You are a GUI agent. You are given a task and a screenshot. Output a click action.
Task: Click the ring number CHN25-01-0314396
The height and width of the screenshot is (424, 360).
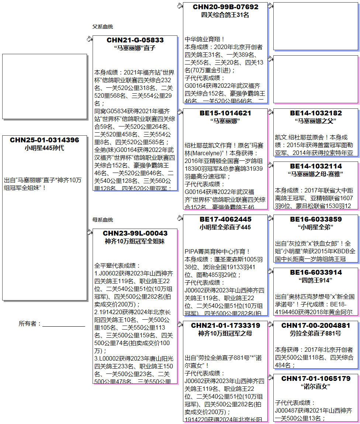point(44,140)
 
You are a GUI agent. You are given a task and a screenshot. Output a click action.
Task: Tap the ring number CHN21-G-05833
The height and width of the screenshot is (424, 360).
point(135,40)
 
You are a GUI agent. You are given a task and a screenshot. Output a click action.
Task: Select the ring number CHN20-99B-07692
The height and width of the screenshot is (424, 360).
point(225,7)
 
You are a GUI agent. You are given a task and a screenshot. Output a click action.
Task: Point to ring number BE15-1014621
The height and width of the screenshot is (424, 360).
point(225,113)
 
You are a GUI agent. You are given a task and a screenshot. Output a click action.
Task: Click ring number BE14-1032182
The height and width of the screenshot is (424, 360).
point(316,113)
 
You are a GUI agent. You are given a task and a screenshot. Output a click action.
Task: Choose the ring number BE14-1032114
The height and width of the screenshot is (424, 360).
point(316,166)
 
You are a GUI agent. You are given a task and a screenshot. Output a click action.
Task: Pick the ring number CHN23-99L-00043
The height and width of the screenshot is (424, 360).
point(135,233)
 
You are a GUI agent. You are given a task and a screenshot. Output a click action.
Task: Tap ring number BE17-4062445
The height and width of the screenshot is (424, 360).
point(225,219)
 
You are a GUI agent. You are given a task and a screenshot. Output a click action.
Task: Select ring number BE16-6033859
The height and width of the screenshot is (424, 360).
point(316,219)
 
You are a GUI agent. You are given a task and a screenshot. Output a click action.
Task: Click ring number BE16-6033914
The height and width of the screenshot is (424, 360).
point(316,272)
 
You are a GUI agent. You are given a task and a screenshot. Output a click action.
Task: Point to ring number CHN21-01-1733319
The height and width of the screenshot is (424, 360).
point(225,326)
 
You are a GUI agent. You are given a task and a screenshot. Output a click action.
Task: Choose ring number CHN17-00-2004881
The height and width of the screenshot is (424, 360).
point(316,326)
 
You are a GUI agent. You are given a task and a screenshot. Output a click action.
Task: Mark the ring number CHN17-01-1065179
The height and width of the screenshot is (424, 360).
point(316,379)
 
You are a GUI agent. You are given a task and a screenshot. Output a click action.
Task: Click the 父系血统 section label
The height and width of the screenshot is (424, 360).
point(103,27)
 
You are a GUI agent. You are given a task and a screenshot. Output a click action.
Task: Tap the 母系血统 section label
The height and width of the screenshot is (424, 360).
point(103,220)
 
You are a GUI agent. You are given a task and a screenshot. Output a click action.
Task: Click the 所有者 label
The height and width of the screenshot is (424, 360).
point(30,324)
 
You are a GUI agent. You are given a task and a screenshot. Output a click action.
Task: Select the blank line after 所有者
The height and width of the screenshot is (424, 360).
point(63,325)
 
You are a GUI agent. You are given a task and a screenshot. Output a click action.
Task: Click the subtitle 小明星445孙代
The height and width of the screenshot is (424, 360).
point(44,148)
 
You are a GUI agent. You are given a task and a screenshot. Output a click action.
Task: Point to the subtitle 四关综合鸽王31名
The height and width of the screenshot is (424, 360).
point(225,15)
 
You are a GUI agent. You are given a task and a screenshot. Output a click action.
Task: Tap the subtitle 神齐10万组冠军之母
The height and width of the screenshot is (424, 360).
point(225,334)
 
